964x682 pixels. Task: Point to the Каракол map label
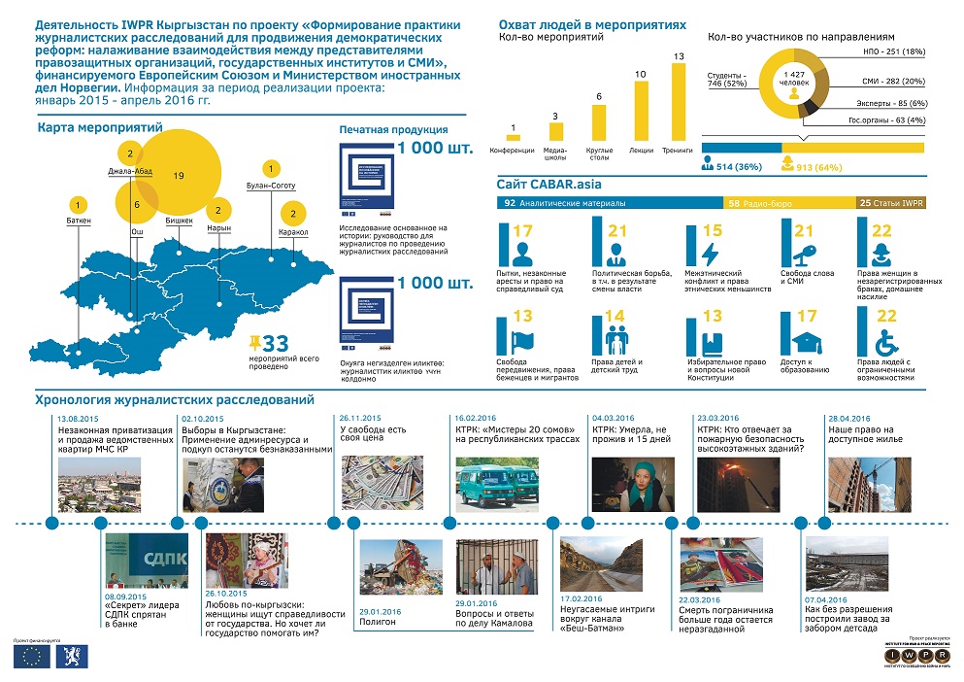click(x=293, y=233)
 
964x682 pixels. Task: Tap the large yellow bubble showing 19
click(x=179, y=175)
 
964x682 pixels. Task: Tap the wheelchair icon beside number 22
click(x=886, y=342)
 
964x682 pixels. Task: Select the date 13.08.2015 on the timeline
click(x=78, y=417)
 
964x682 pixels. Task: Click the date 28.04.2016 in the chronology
click(x=848, y=417)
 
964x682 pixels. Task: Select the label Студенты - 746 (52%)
click(x=728, y=80)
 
